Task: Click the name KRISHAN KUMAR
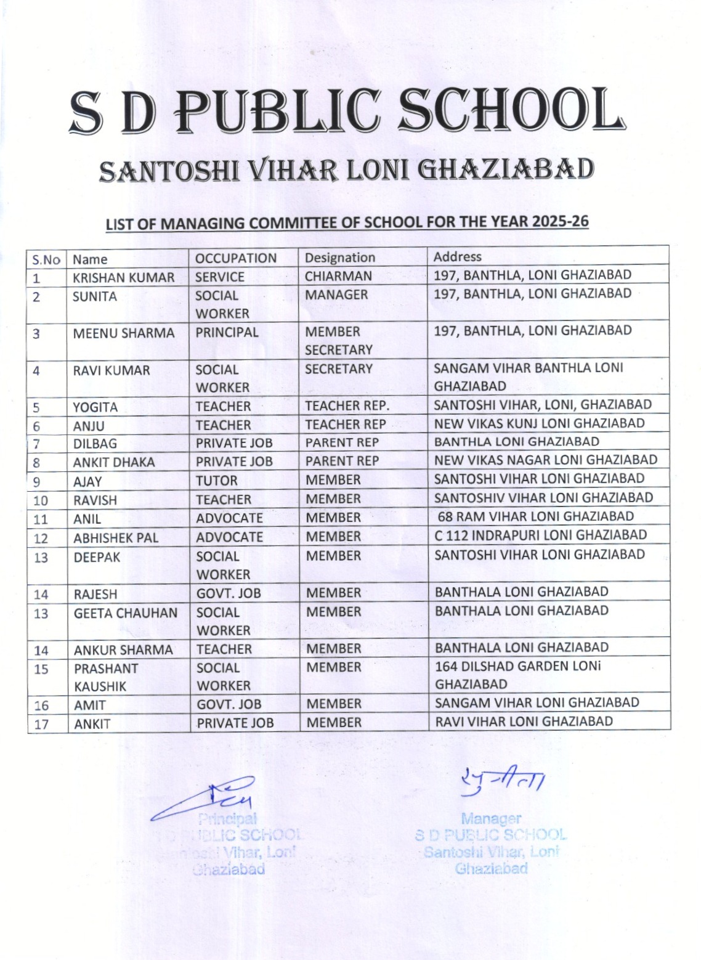point(123,278)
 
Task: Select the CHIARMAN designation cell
point(338,276)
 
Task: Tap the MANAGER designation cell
point(336,295)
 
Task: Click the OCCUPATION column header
point(235,258)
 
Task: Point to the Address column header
point(457,256)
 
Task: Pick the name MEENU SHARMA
point(123,333)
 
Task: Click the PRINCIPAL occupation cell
point(227,332)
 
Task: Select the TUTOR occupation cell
point(216,481)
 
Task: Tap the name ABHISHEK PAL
point(116,538)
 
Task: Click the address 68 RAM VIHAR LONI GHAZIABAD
point(535,516)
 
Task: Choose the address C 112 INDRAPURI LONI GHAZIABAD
point(540,535)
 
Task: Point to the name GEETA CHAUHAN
point(125,613)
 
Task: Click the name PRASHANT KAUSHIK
point(105,677)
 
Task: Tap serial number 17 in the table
point(41,724)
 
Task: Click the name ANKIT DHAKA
point(114,462)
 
